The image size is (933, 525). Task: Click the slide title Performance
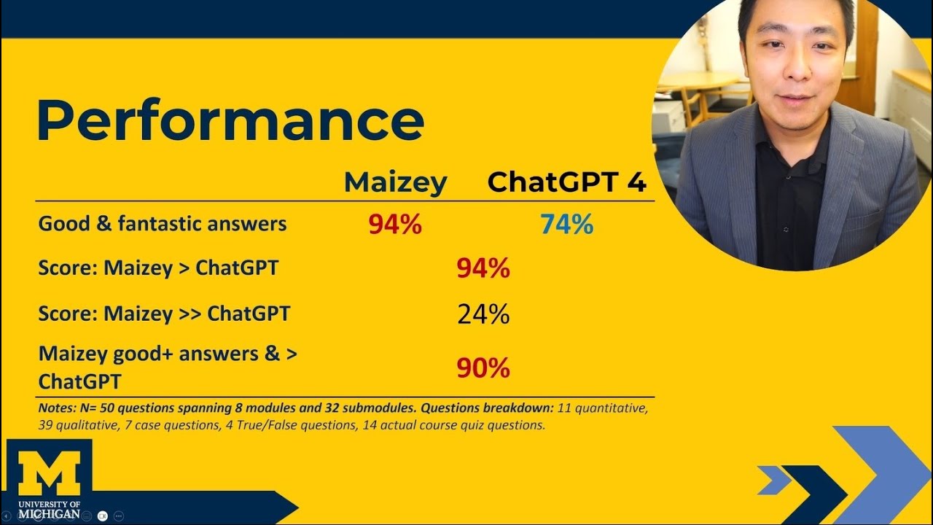click(x=230, y=120)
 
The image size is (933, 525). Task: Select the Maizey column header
click(x=395, y=182)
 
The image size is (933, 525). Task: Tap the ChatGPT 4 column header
click(x=566, y=182)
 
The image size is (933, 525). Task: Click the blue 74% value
click(x=566, y=225)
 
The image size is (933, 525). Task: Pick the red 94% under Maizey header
click(x=395, y=225)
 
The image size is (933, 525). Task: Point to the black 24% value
click(x=483, y=314)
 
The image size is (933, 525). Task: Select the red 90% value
click(x=483, y=368)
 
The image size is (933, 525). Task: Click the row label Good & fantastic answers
click(x=162, y=224)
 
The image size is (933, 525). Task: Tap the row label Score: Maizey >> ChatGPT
click(x=164, y=314)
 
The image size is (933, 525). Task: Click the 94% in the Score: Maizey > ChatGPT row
click(x=483, y=268)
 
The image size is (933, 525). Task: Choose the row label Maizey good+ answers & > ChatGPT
click(x=168, y=367)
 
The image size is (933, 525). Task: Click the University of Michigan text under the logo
click(x=49, y=509)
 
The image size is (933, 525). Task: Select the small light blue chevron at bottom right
click(x=774, y=480)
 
